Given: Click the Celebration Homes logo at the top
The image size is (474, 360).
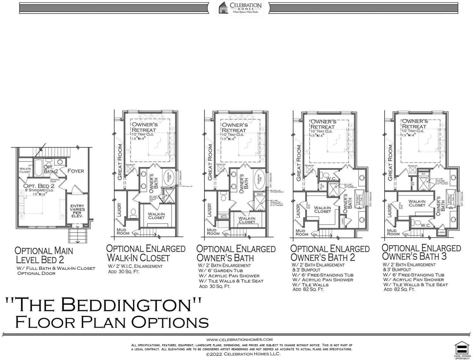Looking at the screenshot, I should tap(239, 8).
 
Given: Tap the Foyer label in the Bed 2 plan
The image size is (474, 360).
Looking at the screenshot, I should tap(76, 171).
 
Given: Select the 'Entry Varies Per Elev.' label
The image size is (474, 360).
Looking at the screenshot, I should tap(77, 211).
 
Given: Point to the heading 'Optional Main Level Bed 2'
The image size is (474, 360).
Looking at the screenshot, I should tap(44, 255).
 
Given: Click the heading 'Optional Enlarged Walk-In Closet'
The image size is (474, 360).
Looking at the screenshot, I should tap(146, 253).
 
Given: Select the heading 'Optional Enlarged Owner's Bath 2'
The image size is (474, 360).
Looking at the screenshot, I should tap(330, 253).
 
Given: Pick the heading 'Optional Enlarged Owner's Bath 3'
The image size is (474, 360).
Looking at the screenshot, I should tap(421, 252).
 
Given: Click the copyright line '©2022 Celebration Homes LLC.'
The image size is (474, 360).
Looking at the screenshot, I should tap(243, 354).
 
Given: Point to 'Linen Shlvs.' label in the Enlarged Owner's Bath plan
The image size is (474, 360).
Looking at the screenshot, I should tap(223, 217).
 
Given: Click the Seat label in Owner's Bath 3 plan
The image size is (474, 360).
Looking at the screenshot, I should tap(423, 174).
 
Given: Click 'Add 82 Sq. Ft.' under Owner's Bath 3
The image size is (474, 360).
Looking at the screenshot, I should tap(399, 289).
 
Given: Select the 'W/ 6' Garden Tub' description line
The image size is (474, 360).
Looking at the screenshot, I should tap(221, 271).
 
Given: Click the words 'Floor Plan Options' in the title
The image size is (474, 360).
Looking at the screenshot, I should tap(112, 322).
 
